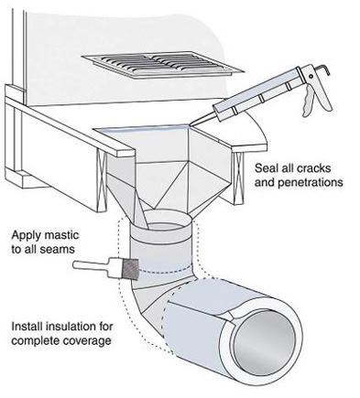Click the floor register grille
[x=163, y=64]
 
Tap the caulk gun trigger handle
[x=308, y=100]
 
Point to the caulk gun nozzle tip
[x=191, y=124]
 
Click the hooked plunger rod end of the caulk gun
[x=324, y=70]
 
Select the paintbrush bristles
[x=130, y=268]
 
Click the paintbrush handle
[x=93, y=267]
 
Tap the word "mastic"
[x=61, y=236]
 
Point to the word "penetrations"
[x=311, y=182]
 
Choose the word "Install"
[x=27, y=327]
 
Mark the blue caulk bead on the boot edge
[x=143, y=130]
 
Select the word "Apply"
[x=27, y=236]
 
